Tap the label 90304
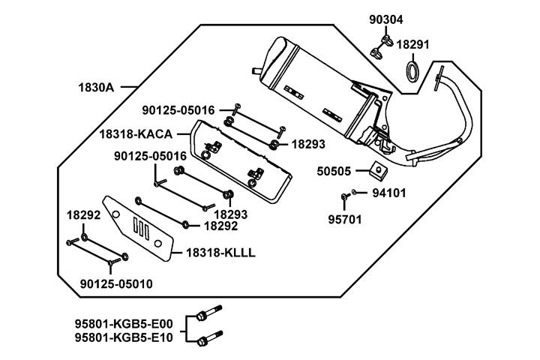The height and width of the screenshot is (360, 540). coord(385,20)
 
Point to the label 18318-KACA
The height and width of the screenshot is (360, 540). coord(136,134)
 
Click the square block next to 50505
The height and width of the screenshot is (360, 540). coord(379,170)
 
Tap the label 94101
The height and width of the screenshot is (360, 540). coord(388,192)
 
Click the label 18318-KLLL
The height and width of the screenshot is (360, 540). coord(217,253)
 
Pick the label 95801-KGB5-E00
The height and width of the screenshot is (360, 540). coord(123,324)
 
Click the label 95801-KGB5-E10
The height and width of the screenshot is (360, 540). coord(123,337)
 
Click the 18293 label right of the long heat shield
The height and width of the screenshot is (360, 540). coord(307,142)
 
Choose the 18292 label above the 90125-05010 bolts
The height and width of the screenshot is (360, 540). coord(83,215)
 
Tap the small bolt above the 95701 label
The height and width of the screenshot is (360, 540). coord(343,197)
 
